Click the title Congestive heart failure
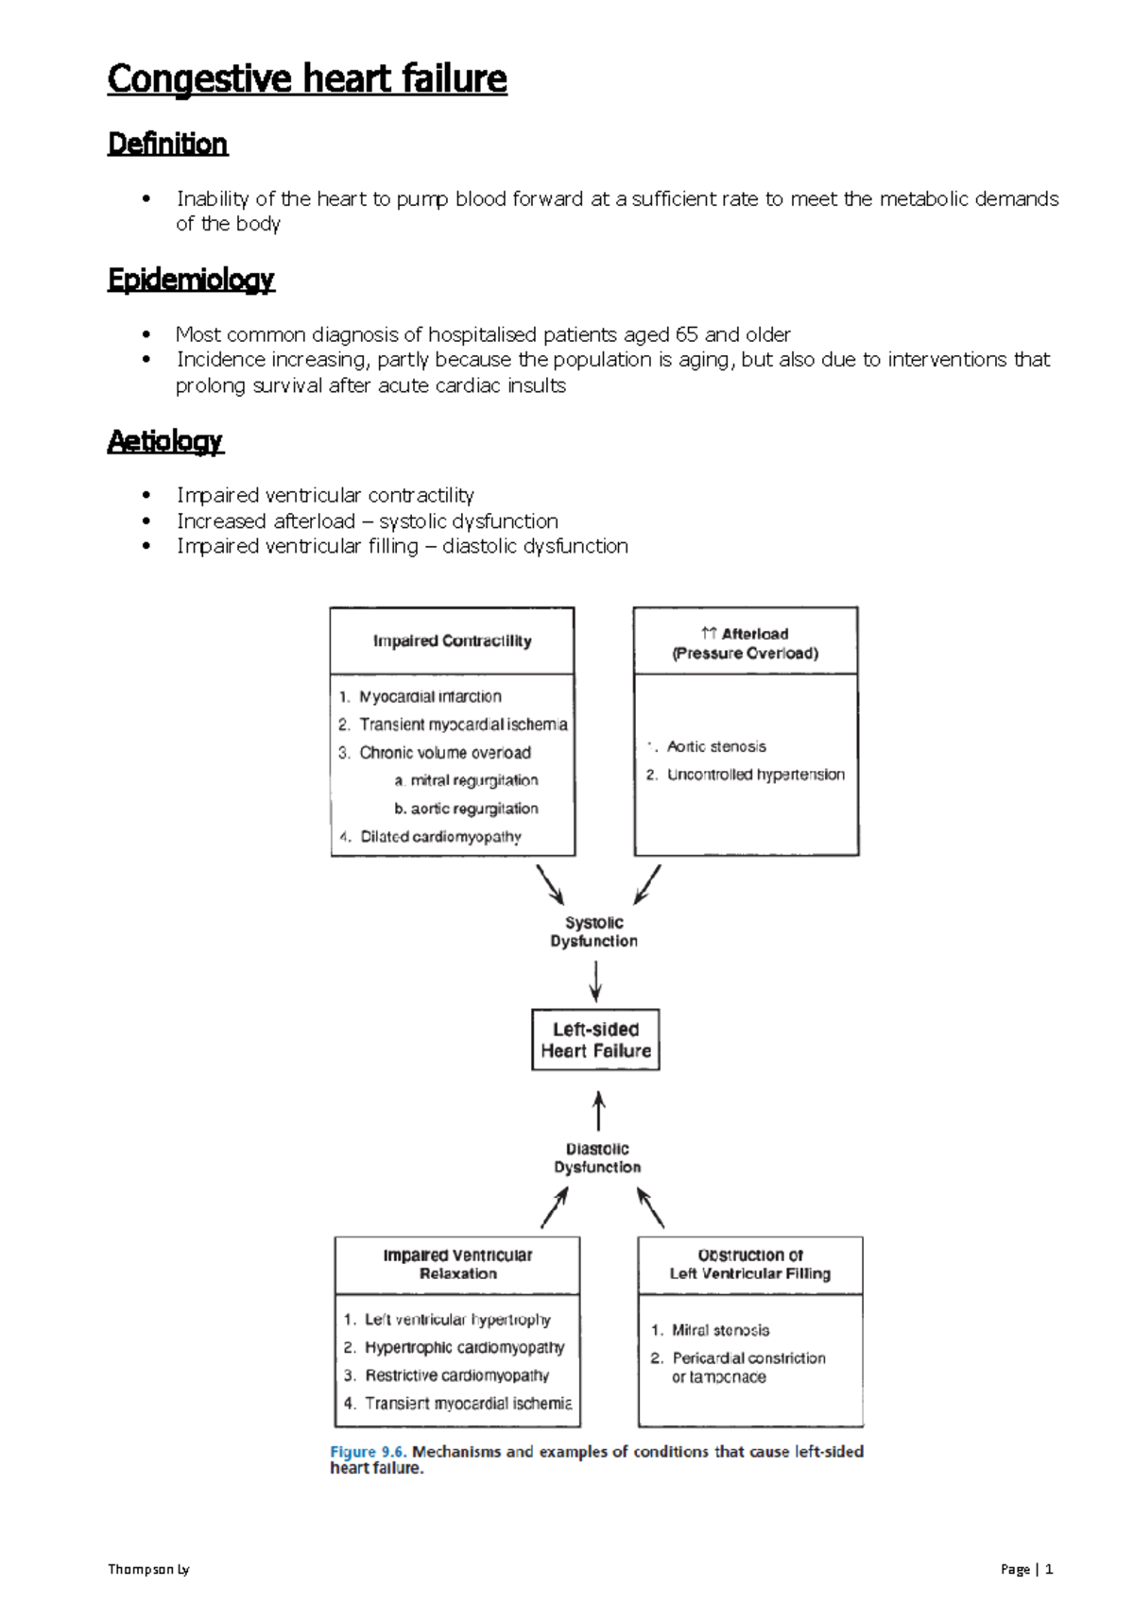point(307,78)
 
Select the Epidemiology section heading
point(191,280)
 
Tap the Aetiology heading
point(165,441)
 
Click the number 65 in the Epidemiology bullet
point(687,334)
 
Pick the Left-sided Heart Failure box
point(595,1040)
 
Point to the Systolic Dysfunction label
point(593,931)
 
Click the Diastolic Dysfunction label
point(597,1158)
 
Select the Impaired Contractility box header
point(452,640)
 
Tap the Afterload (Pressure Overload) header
point(746,643)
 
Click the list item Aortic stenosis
point(716,746)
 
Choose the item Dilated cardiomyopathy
point(440,836)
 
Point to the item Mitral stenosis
point(720,1330)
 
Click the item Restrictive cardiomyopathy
point(456,1375)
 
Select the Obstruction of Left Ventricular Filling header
point(750,1264)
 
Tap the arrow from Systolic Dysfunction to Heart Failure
point(595,981)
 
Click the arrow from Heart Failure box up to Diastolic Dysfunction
point(598,1111)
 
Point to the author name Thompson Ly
point(148,1569)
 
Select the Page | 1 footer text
point(1026,1569)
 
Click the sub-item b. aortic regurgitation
point(466,809)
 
